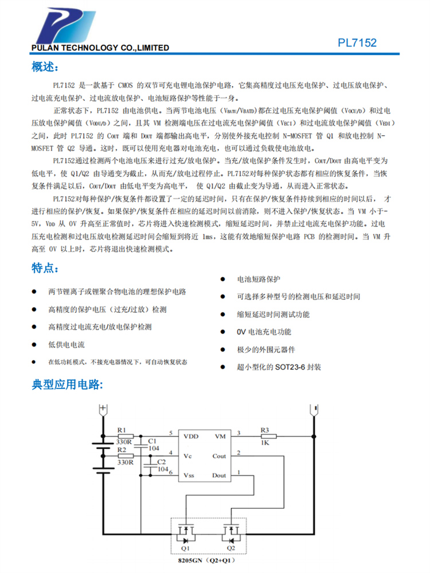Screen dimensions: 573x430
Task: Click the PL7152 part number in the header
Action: pyautogui.click(x=357, y=43)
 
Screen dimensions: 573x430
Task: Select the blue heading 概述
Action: pyautogui.click(x=44, y=68)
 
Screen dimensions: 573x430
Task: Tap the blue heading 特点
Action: pyautogui.click(x=44, y=268)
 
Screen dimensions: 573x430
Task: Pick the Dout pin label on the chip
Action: pyautogui.click(x=219, y=475)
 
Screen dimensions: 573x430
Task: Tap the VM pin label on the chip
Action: pyautogui.click(x=220, y=436)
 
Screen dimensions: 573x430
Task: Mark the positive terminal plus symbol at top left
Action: pyautogui.click(x=103, y=408)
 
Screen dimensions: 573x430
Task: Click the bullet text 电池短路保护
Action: pyautogui.click(x=259, y=279)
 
